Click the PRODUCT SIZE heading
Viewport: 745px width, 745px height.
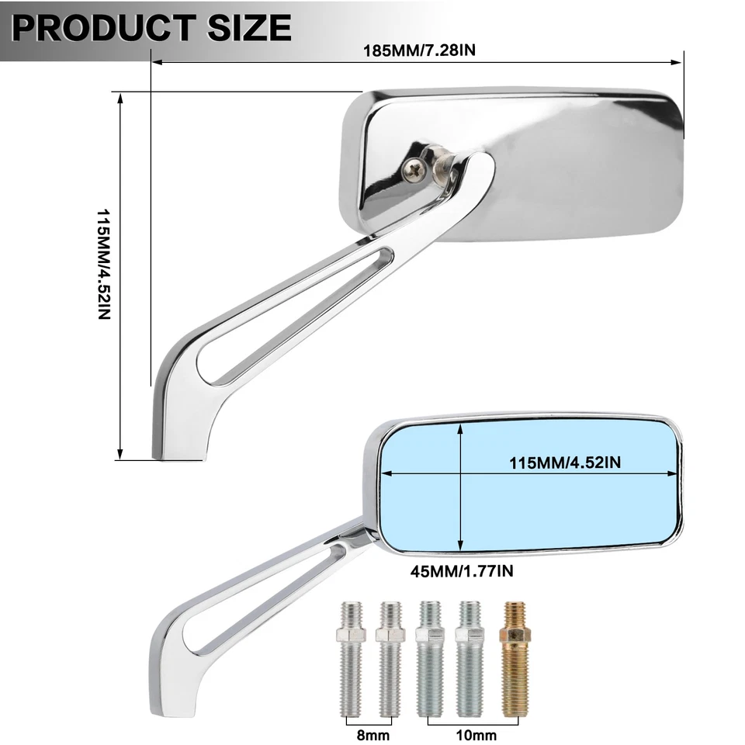point(152,28)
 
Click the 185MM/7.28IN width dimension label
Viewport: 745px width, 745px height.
point(419,51)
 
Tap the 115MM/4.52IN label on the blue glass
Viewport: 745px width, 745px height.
point(565,463)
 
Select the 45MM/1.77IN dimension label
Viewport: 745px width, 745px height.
point(461,572)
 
